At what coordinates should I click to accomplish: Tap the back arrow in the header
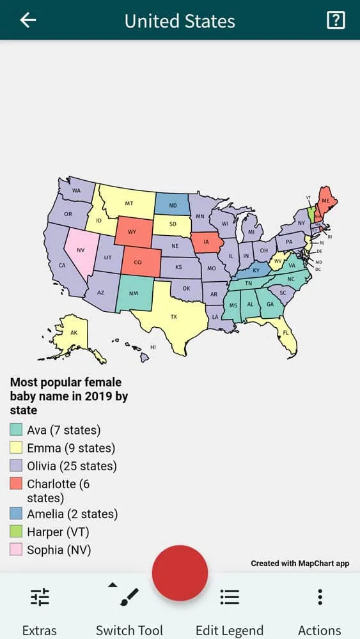point(28,20)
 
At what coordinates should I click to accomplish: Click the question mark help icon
point(335,20)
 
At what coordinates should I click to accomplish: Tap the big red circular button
point(180,573)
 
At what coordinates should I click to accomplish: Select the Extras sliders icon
point(40,597)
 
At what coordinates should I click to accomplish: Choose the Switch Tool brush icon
point(129,597)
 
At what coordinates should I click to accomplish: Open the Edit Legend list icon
point(230,597)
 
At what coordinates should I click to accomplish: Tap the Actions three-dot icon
point(320,597)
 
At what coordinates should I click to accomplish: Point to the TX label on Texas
point(173,316)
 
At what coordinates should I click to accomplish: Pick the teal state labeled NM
point(133,293)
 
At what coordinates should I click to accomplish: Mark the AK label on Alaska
point(74,333)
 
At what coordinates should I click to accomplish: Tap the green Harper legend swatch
point(16,532)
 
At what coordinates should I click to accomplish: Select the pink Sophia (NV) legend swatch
point(16,550)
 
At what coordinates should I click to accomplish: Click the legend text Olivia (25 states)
point(72,466)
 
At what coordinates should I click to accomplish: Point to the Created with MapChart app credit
point(299,564)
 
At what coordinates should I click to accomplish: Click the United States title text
point(180,21)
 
